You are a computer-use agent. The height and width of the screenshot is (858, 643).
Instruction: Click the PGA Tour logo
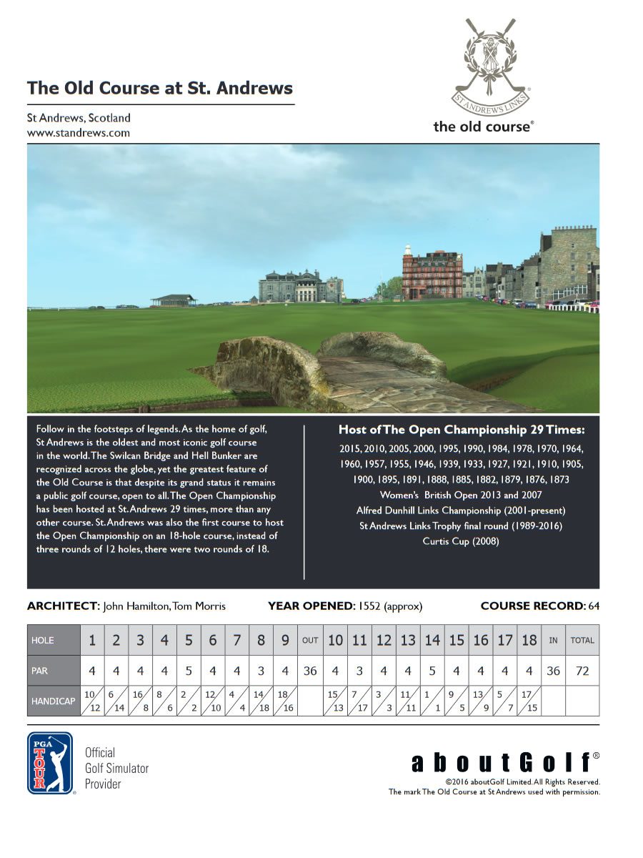50,763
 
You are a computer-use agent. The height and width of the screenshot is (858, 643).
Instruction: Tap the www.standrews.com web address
79,132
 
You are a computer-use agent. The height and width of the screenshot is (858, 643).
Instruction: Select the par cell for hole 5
189,671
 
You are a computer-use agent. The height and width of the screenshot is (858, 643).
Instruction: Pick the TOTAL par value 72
582,671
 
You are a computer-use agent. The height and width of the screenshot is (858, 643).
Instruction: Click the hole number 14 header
432,641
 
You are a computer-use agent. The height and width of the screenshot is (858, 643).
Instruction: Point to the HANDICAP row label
54,701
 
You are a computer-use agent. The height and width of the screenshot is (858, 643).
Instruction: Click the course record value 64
594,606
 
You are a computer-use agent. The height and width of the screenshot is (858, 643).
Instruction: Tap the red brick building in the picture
432,275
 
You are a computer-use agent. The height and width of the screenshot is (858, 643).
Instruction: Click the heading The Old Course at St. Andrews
160,89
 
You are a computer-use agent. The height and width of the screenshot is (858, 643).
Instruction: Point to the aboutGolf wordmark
500,763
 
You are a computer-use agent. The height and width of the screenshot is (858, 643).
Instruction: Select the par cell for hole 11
359,671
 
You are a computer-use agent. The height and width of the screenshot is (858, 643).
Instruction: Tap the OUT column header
310,641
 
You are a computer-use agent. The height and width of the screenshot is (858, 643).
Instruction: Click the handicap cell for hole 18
529,701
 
